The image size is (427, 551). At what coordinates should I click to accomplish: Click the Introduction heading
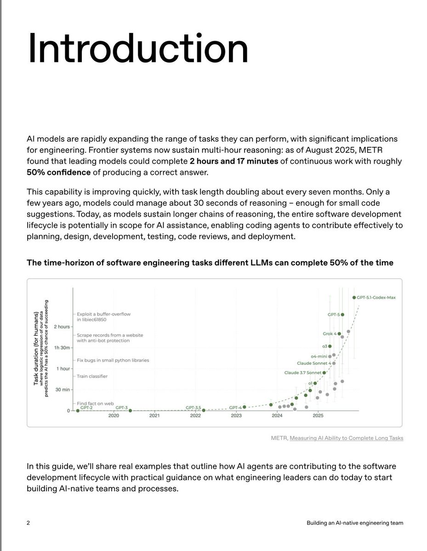pyautogui.click(x=138, y=49)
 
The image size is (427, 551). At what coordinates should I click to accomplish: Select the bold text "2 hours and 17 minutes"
pyautogui.click(x=233, y=161)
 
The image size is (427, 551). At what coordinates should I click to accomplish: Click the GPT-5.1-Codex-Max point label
pyautogui.click(x=376, y=298)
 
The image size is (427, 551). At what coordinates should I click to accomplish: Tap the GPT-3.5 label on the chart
pyautogui.click(x=194, y=407)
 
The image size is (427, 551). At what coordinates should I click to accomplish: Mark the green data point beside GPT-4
pyautogui.click(x=245, y=407)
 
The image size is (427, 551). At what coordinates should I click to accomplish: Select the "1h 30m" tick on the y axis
pyautogui.click(x=61, y=348)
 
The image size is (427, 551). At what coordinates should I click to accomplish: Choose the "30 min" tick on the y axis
pyautogui.click(x=62, y=389)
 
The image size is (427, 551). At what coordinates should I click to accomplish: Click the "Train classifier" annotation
pyautogui.click(x=92, y=376)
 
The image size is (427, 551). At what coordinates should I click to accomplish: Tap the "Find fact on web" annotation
pyautogui.click(x=95, y=403)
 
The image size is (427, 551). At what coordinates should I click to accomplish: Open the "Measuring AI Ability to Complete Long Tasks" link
pyautogui.click(x=346, y=438)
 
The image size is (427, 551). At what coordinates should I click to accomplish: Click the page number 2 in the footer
pyautogui.click(x=28, y=523)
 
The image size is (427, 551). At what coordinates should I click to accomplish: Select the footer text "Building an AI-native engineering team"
pyautogui.click(x=355, y=523)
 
